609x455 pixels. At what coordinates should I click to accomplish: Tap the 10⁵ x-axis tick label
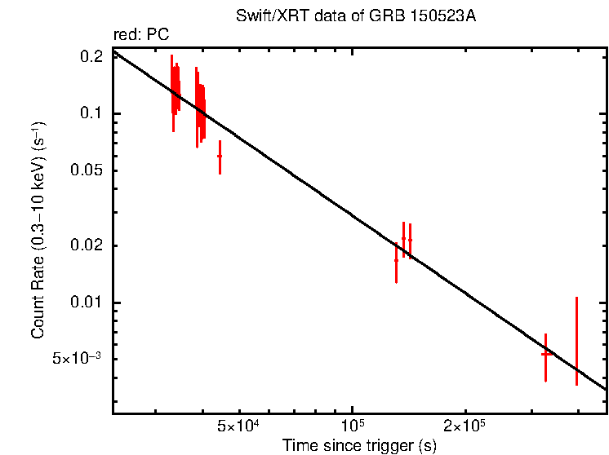pyautogui.click(x=352, y=426)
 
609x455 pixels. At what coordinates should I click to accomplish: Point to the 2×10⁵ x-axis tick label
pyautogui.click(x=465, y=426)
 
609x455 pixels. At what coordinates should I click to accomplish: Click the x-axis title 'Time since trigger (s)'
pyautogui.click(x=359, y=445)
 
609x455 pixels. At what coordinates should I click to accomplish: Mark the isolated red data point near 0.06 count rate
pyautogui.click(x=220, y=156)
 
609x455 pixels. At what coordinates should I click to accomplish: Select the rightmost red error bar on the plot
pyautogui.click(x=576, y=341)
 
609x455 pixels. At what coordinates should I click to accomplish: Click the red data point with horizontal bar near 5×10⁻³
pyautogui.click(x=545, y=354)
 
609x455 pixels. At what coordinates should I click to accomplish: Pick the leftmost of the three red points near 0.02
pyautogui.click(x=396, y=260)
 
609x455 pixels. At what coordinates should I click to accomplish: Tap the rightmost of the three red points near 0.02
pyautogui.click(x=410, y=240)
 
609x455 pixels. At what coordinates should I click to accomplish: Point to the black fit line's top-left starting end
pyautogui.click(x=115, y=51)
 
